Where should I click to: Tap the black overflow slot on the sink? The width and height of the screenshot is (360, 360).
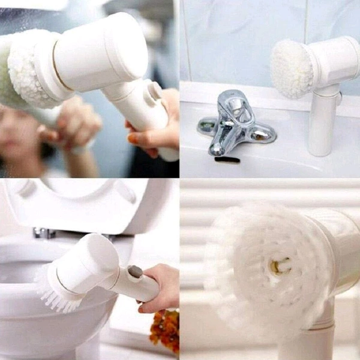(227, 160)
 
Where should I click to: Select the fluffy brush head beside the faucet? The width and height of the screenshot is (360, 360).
(292, 69)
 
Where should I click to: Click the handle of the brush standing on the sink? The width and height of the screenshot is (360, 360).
(322, 123)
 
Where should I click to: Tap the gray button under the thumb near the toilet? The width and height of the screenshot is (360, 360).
(136, 272)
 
